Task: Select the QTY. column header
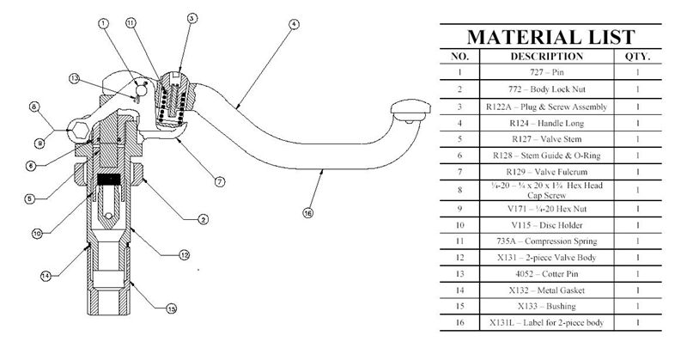click(x=638, y=57)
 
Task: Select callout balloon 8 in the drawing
click(x=34, y=107)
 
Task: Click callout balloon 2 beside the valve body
click(x=202, y=220)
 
